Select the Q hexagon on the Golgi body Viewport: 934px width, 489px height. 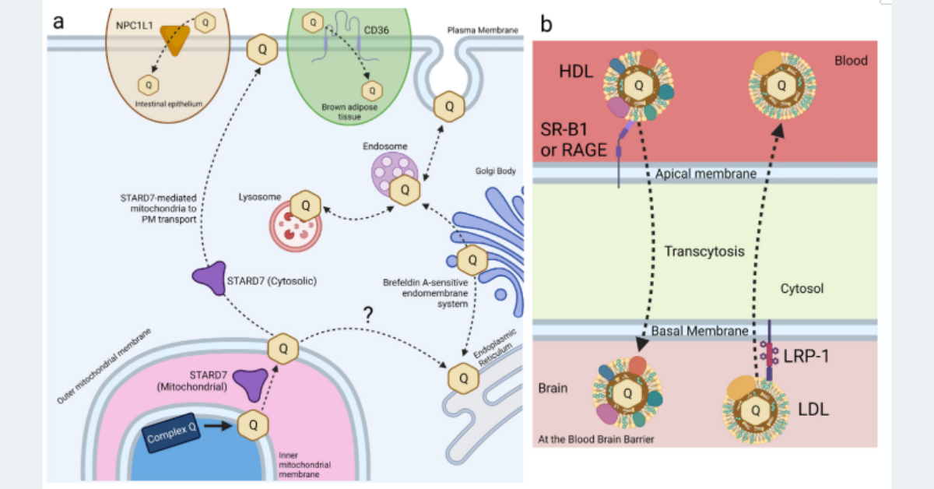pos(472,259)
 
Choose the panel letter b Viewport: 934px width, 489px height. pos(547,23)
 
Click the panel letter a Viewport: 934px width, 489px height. pos(58,20)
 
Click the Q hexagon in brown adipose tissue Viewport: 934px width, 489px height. pos(372,90)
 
